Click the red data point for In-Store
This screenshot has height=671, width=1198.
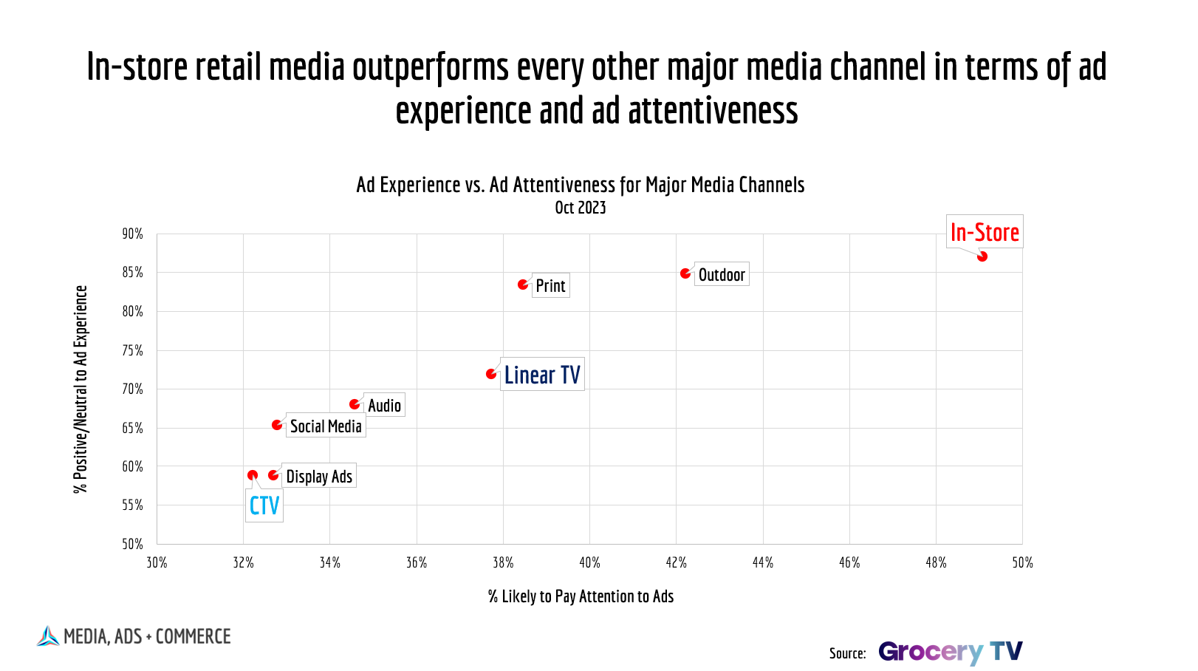point(982,256)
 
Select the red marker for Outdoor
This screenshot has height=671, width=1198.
point(685,273)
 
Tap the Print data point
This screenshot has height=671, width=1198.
point(523,285)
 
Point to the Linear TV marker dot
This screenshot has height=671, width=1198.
point(491,374)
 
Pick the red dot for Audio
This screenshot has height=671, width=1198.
point(355,404)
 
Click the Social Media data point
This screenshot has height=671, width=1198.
point(277,425)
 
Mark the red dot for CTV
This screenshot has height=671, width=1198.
point(253,475)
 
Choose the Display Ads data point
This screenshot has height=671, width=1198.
point(273,475)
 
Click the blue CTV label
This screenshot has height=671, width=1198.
point(264,506)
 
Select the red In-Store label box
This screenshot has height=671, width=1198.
point(985,232)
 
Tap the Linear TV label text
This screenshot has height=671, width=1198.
point(542,375)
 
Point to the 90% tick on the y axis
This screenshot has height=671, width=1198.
point(133,234)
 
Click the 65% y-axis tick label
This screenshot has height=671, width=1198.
point(133,428)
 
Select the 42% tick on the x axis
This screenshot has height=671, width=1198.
point(677,563)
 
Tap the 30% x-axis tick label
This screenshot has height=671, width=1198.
point(157,563)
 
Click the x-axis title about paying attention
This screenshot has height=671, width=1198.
point(581,596)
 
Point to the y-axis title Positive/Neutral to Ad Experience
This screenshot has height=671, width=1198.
point(81,389)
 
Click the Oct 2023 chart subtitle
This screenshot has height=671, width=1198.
point(581,208)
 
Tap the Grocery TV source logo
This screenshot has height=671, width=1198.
point(951,652)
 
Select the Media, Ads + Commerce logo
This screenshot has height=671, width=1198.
point(134,636)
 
